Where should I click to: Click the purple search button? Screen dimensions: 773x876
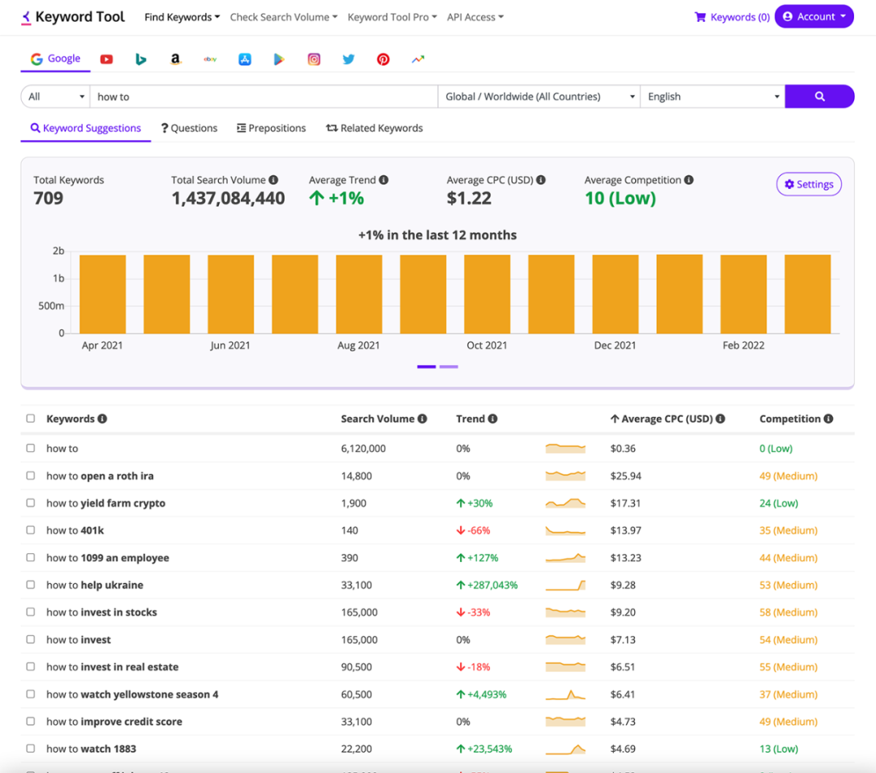[x=819, y=97]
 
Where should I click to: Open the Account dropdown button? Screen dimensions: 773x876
[x=814, y=17]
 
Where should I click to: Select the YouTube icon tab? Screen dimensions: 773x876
[x=106, y=59]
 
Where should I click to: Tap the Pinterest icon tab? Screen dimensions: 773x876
[x=383, y=59]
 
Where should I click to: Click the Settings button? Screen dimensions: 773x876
[x=809, y=185]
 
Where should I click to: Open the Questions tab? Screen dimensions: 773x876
[x=189, y=128]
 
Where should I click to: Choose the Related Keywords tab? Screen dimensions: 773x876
[x=374, y=128]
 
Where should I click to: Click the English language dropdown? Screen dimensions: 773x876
[x=712, y=97]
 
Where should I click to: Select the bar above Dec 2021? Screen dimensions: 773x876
[x=615, y=294]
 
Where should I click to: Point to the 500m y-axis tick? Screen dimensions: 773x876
[x=51, y=306]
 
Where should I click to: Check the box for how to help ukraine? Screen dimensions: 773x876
[x=31, y=585]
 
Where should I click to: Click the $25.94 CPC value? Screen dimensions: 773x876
[x=625, y=476]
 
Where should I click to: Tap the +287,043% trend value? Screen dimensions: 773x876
[x=487, y=585]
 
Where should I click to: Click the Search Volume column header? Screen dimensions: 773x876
[x=377, y=419]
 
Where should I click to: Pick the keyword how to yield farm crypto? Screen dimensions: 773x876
[x=105, y=503]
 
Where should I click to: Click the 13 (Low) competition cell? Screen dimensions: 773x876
[x=779, y=749]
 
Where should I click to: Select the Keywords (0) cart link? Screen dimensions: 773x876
[x=732, y=17]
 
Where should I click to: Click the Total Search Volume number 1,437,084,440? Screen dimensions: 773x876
[x=228, y=199]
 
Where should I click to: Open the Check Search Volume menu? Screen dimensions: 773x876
[x=283, y=17]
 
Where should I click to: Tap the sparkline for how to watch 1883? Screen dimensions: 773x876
[x=565, y=749]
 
